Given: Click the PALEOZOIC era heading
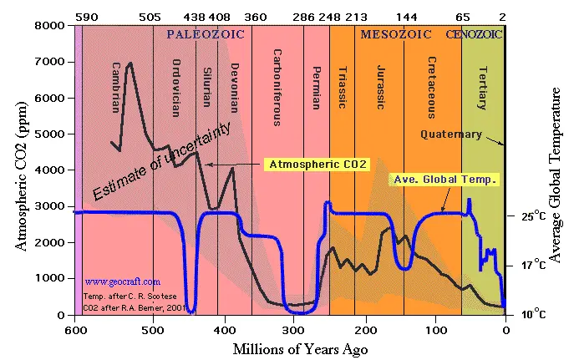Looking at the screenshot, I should pos(203,34).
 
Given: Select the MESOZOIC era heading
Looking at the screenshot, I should pos(395,34).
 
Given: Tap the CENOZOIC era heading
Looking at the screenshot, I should pos(475,34).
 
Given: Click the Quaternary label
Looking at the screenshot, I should pos(450,134).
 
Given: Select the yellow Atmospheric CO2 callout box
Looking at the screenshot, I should pos(317,165).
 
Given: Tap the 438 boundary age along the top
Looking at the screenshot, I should pos(195,16).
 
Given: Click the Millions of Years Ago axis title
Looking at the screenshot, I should pos(289,348).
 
